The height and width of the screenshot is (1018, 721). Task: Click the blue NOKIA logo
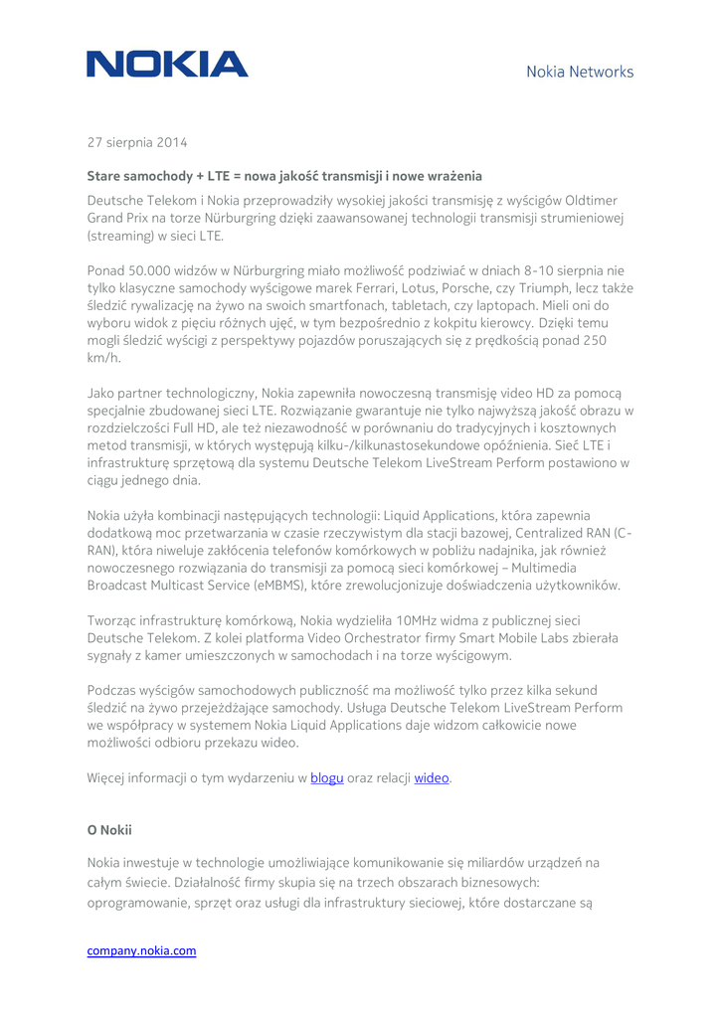167,66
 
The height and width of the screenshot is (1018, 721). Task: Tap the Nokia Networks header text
579,72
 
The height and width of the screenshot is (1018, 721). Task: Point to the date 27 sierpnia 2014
137,143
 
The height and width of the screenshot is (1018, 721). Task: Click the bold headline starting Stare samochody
284,176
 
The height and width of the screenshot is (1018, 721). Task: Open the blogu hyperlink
326,777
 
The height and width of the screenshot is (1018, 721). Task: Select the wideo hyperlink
432,777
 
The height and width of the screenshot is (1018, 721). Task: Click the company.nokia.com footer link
141,950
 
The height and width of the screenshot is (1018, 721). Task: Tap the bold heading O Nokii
109,829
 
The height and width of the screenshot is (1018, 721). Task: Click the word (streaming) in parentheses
123,237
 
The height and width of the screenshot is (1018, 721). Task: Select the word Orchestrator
328,638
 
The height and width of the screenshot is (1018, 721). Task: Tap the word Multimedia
586,567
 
